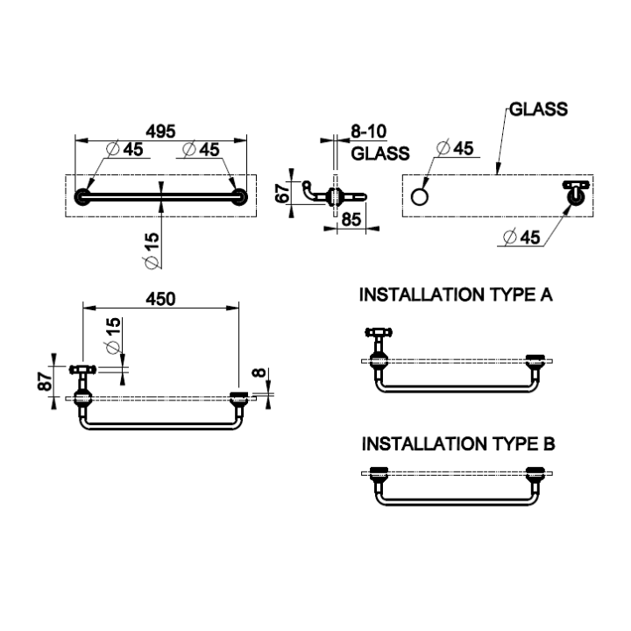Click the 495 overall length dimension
160,131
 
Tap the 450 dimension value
160,299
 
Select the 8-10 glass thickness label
369,131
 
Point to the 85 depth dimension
351,220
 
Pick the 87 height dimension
46,381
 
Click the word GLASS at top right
538,109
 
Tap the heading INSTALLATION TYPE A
456,294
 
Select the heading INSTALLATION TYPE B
458,443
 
